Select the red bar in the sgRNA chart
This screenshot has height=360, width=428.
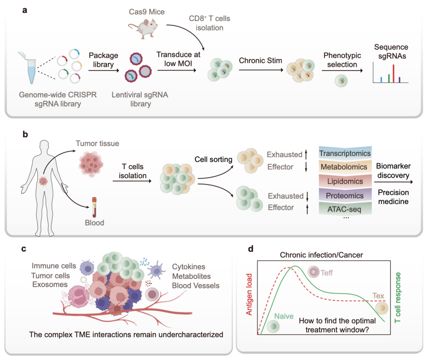tap(394, 74)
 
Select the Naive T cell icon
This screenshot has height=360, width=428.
tap(273, 327)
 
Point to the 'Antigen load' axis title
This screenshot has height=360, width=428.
tap(249, 295)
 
